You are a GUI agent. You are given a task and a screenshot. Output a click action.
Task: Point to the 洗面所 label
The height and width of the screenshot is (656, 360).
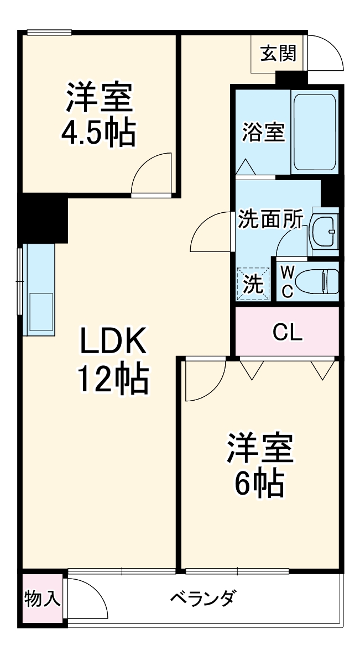click(270, 219)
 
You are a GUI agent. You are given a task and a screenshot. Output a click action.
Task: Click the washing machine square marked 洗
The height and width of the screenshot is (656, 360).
click(253, 284)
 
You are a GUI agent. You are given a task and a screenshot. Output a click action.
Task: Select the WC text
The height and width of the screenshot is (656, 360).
click(288, 282)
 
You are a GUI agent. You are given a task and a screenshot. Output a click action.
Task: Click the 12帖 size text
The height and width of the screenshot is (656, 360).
click(113, 381)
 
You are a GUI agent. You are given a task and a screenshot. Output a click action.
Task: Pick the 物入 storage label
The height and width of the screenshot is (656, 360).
click(43, 599)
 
